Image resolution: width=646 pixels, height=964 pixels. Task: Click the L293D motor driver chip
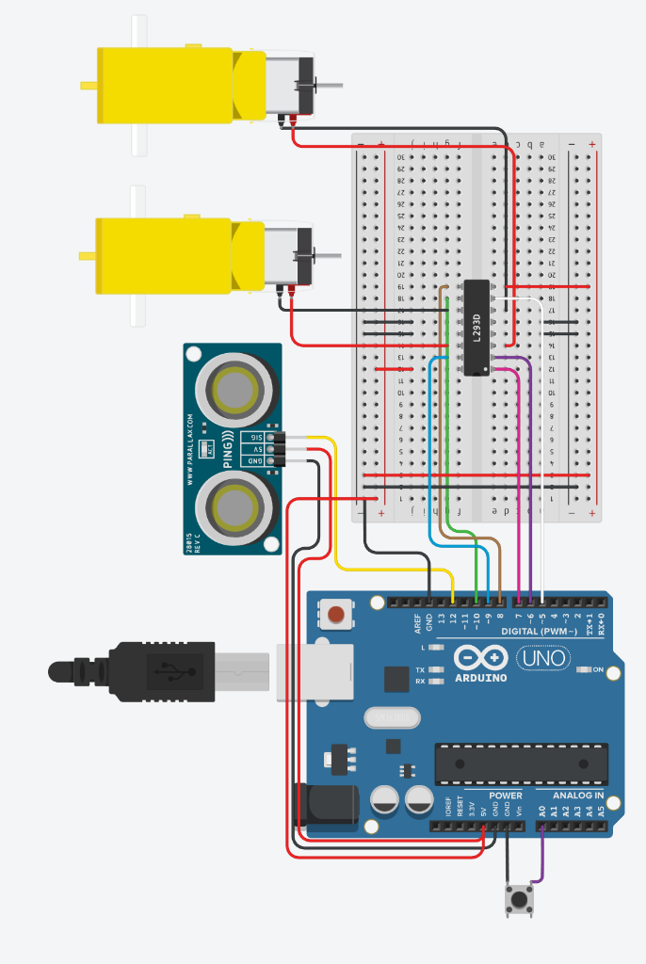pos(477,327)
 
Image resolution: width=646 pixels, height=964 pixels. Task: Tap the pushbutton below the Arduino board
pos(518,899)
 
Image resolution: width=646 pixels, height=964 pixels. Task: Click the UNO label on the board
pos(545,657)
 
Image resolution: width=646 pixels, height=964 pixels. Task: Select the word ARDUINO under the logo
pos(480,677)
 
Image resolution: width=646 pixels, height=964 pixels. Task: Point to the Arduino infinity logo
pos(480,657)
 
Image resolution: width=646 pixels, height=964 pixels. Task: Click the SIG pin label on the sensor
pos(254,438)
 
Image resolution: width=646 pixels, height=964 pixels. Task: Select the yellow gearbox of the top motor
pos(170,86)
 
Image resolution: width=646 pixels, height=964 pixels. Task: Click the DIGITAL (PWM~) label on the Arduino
pos(541,631)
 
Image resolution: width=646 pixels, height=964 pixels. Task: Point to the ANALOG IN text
pos(578,795)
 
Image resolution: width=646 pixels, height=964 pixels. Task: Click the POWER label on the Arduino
pos(505,795)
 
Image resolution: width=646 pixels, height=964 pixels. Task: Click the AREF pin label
pos(417,623)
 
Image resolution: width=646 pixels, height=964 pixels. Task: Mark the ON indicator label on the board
pos(597,669)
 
